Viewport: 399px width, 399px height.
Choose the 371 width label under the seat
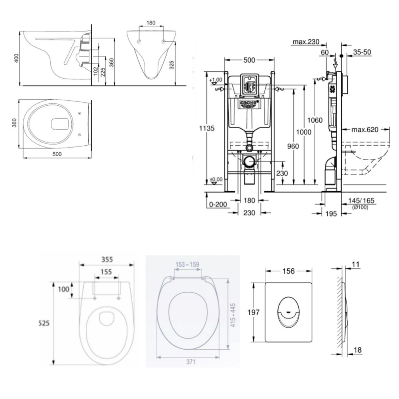[x=191, y=362]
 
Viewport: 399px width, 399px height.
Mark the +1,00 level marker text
[x=216, y=80]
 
